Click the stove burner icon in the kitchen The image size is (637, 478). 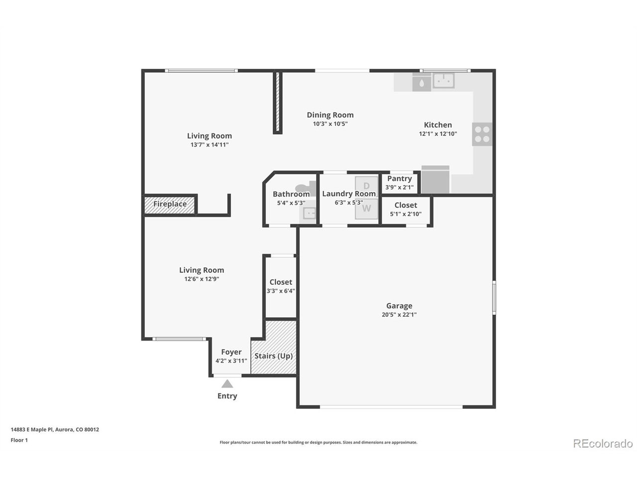click(482, 134)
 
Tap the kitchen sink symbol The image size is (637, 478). click(443, 80)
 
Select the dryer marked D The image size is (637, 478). click(366, 186)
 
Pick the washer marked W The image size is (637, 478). click(366, 209)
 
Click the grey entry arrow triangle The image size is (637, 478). click(227, 384)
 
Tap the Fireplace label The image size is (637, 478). click(170, 204)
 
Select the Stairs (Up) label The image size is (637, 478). click(273, 356)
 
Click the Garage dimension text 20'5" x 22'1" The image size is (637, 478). click(399, 314)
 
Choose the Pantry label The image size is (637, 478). click(399, 178)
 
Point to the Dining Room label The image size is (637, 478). click(330, 115)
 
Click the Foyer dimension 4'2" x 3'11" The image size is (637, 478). click(231, 361)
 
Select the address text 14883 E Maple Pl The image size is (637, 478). click(32, 430)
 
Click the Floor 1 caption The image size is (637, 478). click(19, 440)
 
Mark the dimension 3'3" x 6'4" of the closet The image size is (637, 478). click(281, 291)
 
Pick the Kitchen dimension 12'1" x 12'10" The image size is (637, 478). click(438, 134)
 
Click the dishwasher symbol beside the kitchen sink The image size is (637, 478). click(422, 82)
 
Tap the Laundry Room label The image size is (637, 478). click(349, 194)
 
